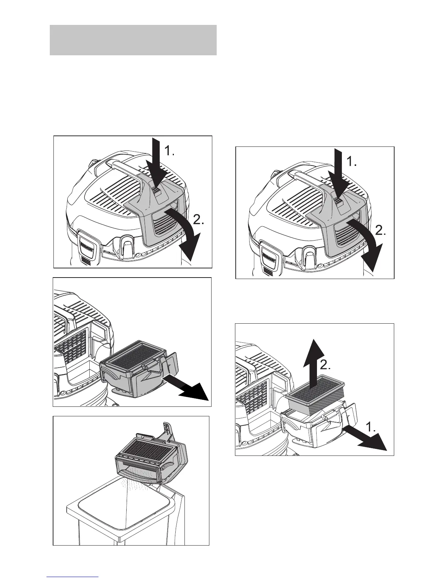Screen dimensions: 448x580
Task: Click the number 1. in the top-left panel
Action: click(169, 151)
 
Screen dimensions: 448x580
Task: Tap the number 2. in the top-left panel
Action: click(198, 220)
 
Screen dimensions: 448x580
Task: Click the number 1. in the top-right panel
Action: click(351, 161)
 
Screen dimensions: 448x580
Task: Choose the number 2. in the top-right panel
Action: click(381, 230)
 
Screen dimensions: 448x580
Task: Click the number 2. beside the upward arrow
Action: click(325, 365)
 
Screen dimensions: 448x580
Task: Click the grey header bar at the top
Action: click(133, 40)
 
